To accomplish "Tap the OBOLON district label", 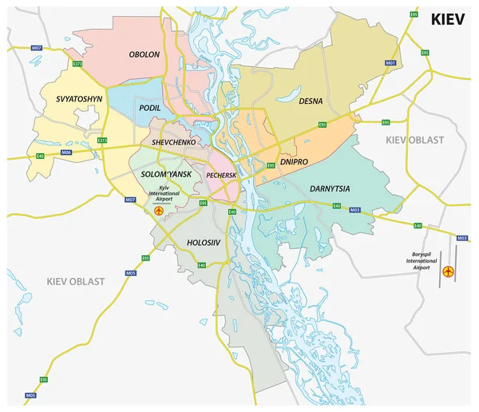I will [144, 54].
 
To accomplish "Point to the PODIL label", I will [149, 108].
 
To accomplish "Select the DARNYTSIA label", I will [331, 189].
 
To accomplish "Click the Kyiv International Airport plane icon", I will [158, 211].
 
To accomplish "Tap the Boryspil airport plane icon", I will [448, 272].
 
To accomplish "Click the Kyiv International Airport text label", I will [170, 192].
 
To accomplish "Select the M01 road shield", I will [390, 62].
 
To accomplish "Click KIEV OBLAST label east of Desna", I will [414, 140].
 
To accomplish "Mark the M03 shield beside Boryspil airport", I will [461, 238].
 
